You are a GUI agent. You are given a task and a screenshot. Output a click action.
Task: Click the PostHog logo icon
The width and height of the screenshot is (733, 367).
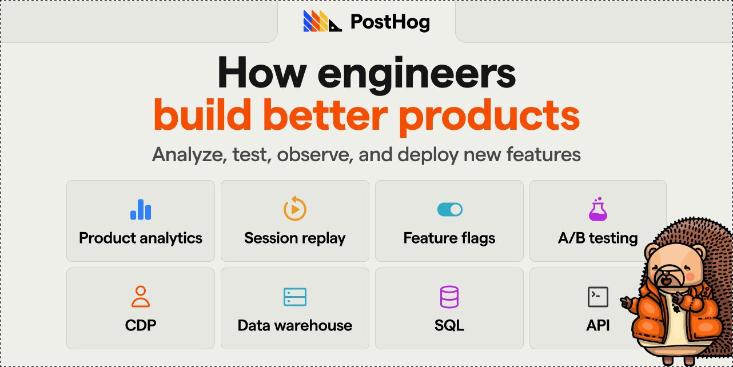point(322,22)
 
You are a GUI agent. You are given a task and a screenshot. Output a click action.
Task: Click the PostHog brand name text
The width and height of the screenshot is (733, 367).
point(389,22)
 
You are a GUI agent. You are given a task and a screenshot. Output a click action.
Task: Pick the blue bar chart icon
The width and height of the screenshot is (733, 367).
point(141,209)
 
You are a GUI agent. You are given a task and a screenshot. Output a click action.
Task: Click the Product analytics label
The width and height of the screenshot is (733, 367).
point(141,238)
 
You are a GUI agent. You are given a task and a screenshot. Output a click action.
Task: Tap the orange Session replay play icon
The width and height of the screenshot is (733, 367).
point(295,209)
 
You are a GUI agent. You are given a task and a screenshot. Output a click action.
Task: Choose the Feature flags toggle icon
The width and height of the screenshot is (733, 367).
point(449,210)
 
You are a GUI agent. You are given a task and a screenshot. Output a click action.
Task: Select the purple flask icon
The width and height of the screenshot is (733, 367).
point(598,209)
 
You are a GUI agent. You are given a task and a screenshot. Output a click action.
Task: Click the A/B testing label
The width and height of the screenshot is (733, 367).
point(597,238)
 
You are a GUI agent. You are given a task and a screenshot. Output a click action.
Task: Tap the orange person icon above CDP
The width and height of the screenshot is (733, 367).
point(141,297)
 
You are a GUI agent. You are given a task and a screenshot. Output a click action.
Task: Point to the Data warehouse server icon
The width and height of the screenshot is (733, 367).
point(295,297)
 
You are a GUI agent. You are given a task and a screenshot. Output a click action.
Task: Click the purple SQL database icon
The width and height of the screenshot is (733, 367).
point(449,297)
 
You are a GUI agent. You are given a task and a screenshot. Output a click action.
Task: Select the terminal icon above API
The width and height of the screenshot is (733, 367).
point(598,297)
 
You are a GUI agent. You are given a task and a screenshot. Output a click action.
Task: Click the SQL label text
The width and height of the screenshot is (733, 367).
point(449,326)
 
